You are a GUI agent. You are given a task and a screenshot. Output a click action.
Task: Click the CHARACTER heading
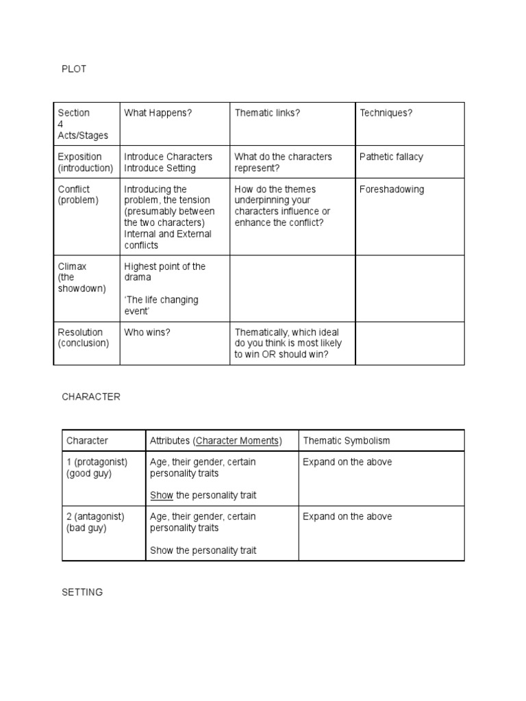(x=91, y=397)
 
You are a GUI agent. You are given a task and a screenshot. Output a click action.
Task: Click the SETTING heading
(x=82, y=592)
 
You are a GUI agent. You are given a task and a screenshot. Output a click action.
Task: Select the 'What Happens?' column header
(x=158, y=113)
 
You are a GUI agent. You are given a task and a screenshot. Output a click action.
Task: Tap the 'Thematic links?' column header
(x=267, y=113)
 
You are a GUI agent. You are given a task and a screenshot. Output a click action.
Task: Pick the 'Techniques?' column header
(x=386, y=113)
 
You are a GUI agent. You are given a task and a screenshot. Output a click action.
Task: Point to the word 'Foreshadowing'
(x=392, y=190)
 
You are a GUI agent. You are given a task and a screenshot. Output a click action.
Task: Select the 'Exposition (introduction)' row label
(x=86, y=162)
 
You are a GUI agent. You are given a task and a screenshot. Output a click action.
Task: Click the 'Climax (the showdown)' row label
(x=82, y=277)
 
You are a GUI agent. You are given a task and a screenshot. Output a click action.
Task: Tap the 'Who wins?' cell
(x=147, y=332)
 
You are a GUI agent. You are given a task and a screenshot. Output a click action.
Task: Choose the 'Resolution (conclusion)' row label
(x=84, y=337)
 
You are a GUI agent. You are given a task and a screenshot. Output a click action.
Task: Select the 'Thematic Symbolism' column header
(x=347, y=441)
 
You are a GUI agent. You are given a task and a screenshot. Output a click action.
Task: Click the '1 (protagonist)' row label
(x=97, y=462)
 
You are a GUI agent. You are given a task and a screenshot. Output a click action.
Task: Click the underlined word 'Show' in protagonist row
(x=161, y=495)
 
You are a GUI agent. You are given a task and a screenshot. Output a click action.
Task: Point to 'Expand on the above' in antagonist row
(x=347, y=517)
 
